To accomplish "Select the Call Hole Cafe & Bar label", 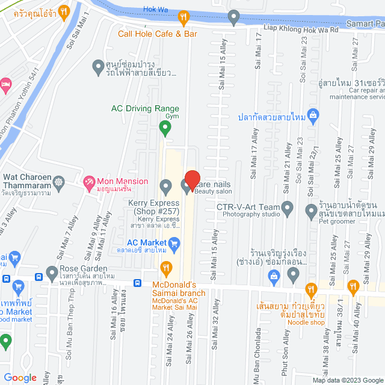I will coord(158,34).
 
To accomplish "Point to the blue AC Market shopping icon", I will coord(175,244).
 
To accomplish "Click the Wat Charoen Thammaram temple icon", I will coord(58,182).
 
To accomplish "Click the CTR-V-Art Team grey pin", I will coord(288,209).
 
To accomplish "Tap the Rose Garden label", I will coord(83,268).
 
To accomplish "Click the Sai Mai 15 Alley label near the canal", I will coord(222,66).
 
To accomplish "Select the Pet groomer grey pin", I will coord(311,211).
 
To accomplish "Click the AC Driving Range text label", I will coord(146,109).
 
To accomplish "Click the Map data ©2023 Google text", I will coord(346,380).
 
